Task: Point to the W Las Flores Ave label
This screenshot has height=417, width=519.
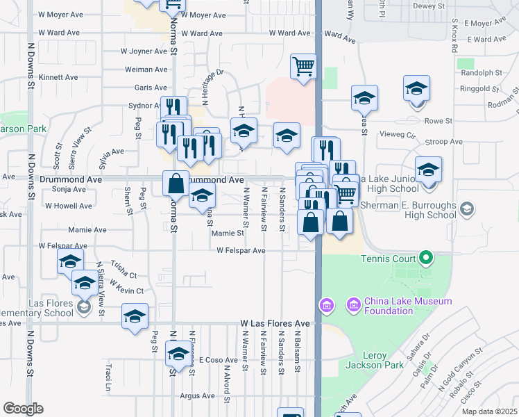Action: [x=275, y=324]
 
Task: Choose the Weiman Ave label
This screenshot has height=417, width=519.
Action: [x=146, y=69]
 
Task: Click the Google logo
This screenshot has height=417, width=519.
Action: [x=23, y=409]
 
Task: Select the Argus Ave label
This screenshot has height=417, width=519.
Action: [x=196, y=396]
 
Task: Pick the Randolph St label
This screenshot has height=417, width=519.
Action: [x=481, y=72]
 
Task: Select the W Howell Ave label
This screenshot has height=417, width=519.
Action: [x=69, y=206]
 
